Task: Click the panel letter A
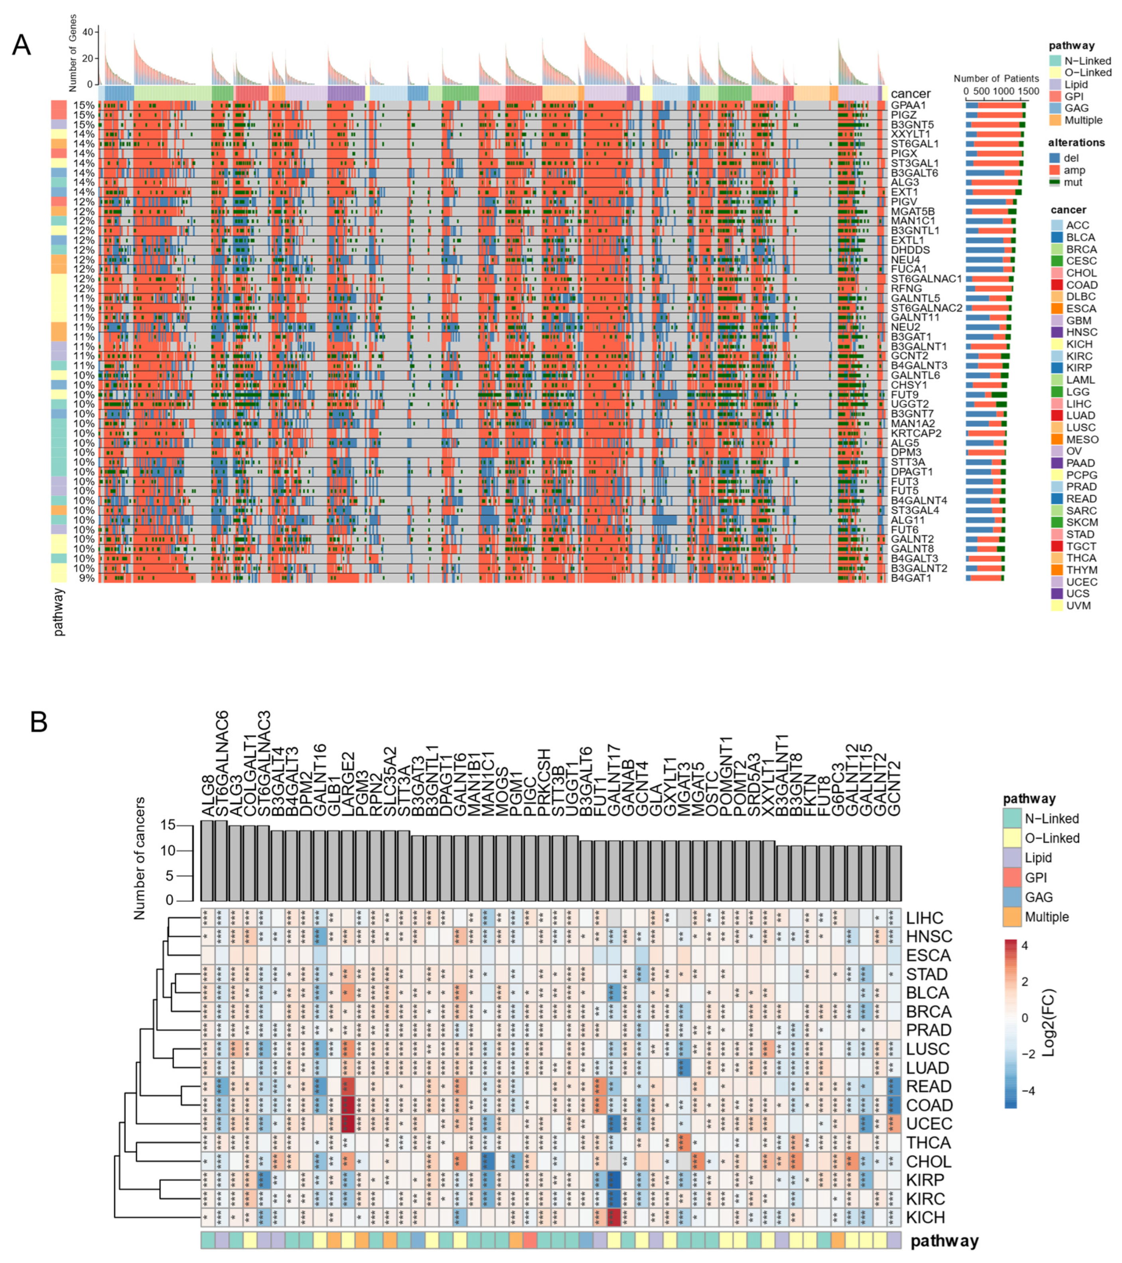click(x=21, y=46)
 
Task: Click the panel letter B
click(x=38, y=722)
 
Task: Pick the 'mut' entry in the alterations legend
click(x=1073, y=182)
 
